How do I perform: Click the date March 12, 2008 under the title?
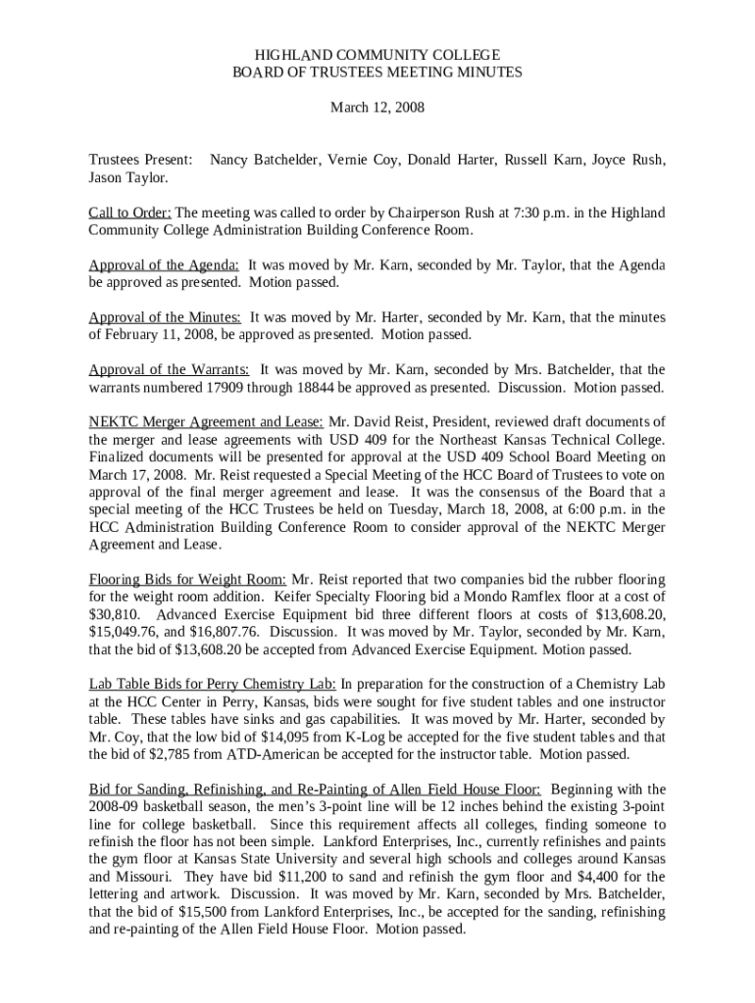[x=377, y=108]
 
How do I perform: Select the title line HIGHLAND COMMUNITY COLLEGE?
[x=377, y=55]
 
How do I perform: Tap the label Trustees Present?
[x=140, y=159]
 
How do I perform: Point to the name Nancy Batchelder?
[x=264, y=159]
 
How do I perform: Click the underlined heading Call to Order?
[x=130, y=213]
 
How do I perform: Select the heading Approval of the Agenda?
[x=164, y=265]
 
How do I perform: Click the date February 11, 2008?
[x=159, y=335]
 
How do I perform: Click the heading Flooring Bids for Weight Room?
[x=187, y=580]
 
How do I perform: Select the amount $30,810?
[x=115, y=615]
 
